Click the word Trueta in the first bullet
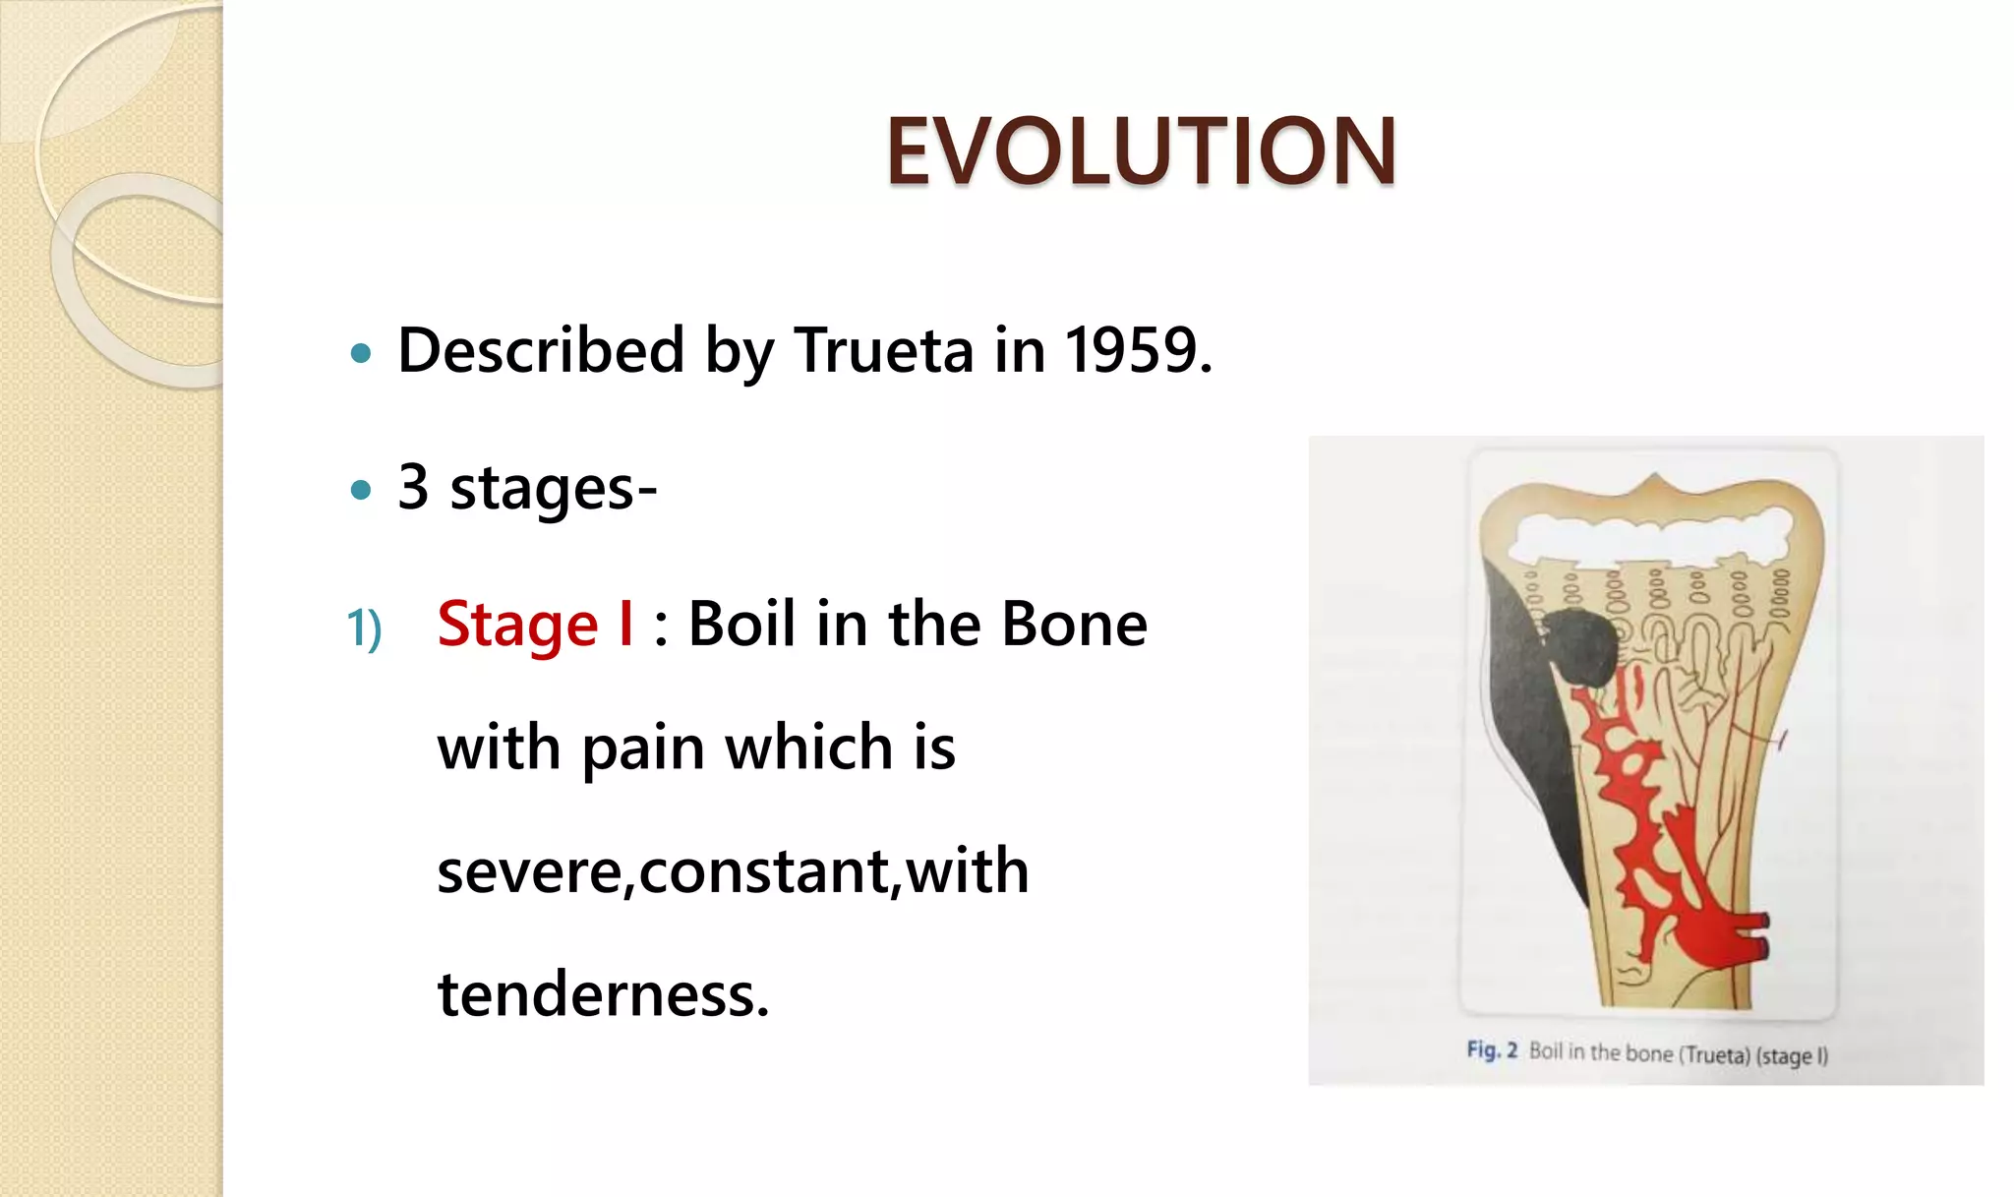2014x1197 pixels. pos(883,350)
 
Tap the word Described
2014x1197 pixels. pos(541,350)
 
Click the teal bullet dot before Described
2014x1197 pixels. pos(361,353)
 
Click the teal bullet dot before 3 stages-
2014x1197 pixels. pos(361,489)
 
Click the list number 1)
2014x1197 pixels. pos(364,628)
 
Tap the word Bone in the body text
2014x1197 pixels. pos(1074,625)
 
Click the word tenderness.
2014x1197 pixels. pos(603,994)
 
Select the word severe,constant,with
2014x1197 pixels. pos(733,871)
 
